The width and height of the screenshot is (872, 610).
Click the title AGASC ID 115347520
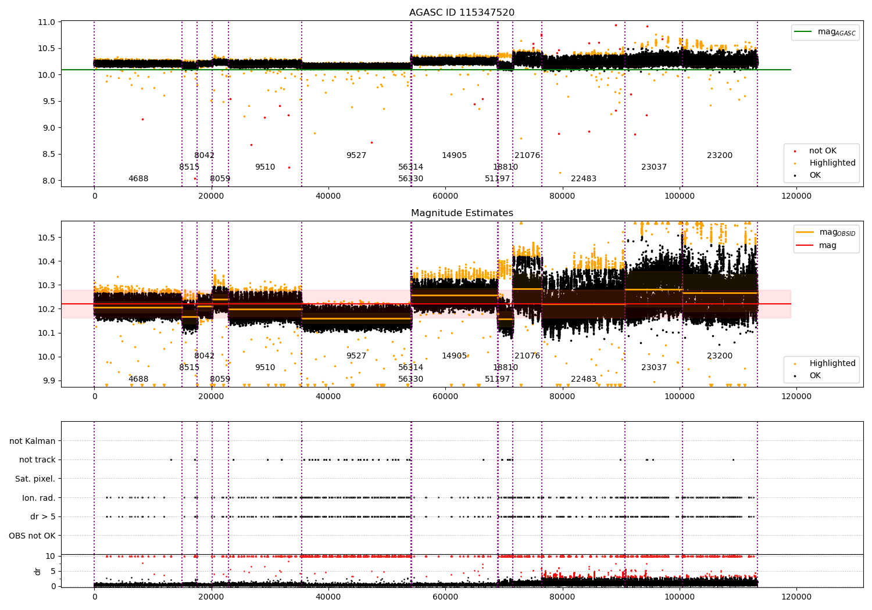click(462, 13)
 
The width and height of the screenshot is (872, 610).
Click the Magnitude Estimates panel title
click(462, 213)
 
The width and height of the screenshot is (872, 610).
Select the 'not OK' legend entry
click(823, 151)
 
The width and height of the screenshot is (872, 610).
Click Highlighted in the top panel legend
click(832, 163)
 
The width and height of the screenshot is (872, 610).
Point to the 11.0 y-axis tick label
click(46, 22)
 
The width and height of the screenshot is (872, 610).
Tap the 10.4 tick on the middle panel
click(46, 261)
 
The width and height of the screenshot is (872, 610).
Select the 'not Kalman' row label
click(33, 441)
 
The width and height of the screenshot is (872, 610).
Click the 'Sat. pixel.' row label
click(35, 479)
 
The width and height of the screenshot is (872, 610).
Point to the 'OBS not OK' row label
click(32, 536)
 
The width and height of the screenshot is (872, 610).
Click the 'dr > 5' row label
click(42, 516)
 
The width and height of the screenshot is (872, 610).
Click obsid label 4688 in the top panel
click(138, 179)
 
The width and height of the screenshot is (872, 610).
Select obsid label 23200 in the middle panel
click(720, 356)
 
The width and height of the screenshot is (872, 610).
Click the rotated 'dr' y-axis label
click(38, 571)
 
